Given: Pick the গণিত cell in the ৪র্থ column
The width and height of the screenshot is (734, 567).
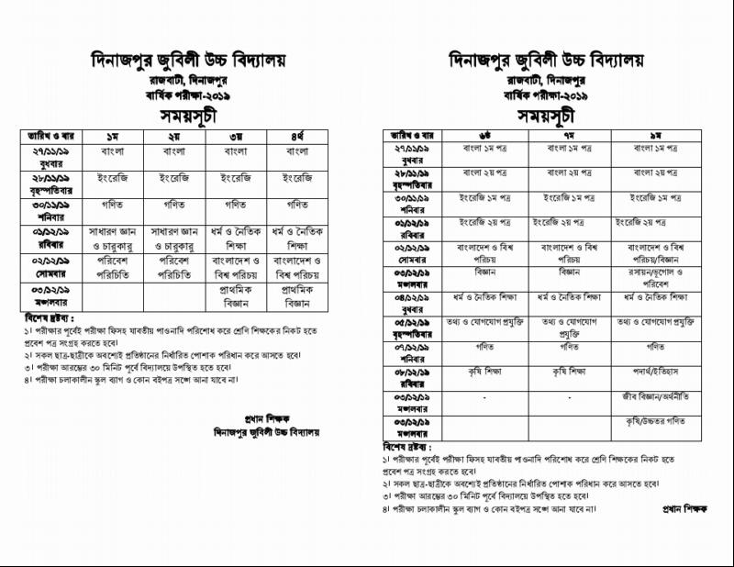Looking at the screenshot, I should pos(296,205).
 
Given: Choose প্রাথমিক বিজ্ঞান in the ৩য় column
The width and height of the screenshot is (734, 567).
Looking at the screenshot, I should pos(235,295).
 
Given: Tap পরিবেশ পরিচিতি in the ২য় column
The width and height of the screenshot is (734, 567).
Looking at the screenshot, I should pos(174,267).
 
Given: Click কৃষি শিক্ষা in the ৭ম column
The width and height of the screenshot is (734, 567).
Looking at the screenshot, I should pos(569,373).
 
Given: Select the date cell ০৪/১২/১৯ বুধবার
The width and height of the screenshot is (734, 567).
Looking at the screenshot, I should pos(415,302).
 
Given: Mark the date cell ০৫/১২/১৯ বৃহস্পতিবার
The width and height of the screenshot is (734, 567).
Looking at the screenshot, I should pos(415,328).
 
